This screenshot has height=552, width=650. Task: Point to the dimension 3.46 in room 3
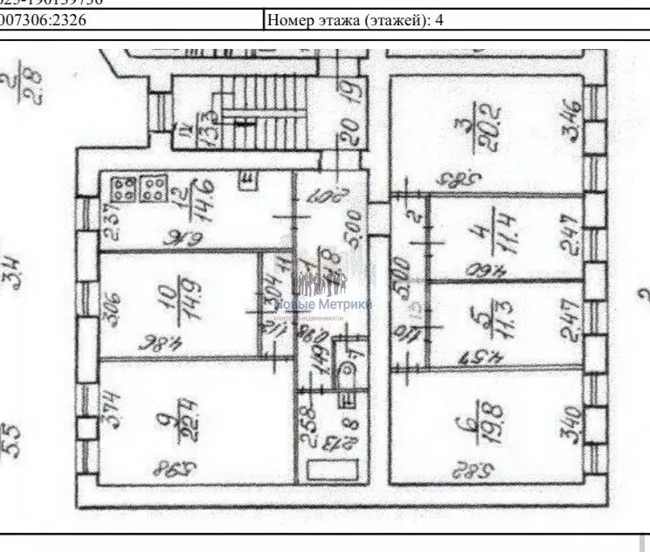point(569,121)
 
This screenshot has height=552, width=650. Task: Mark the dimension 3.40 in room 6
point(569,421)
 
